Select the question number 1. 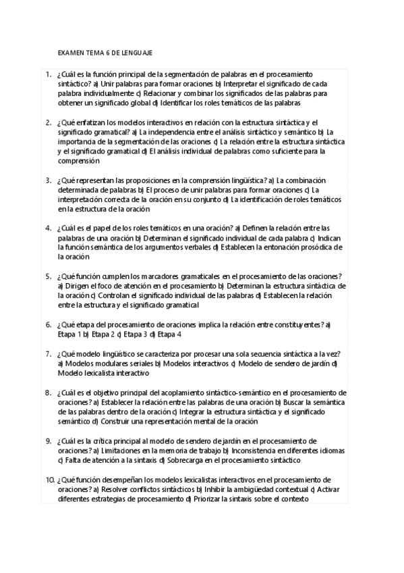click(49, 74)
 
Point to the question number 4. click(49, 228)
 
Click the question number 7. click(49, 353)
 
